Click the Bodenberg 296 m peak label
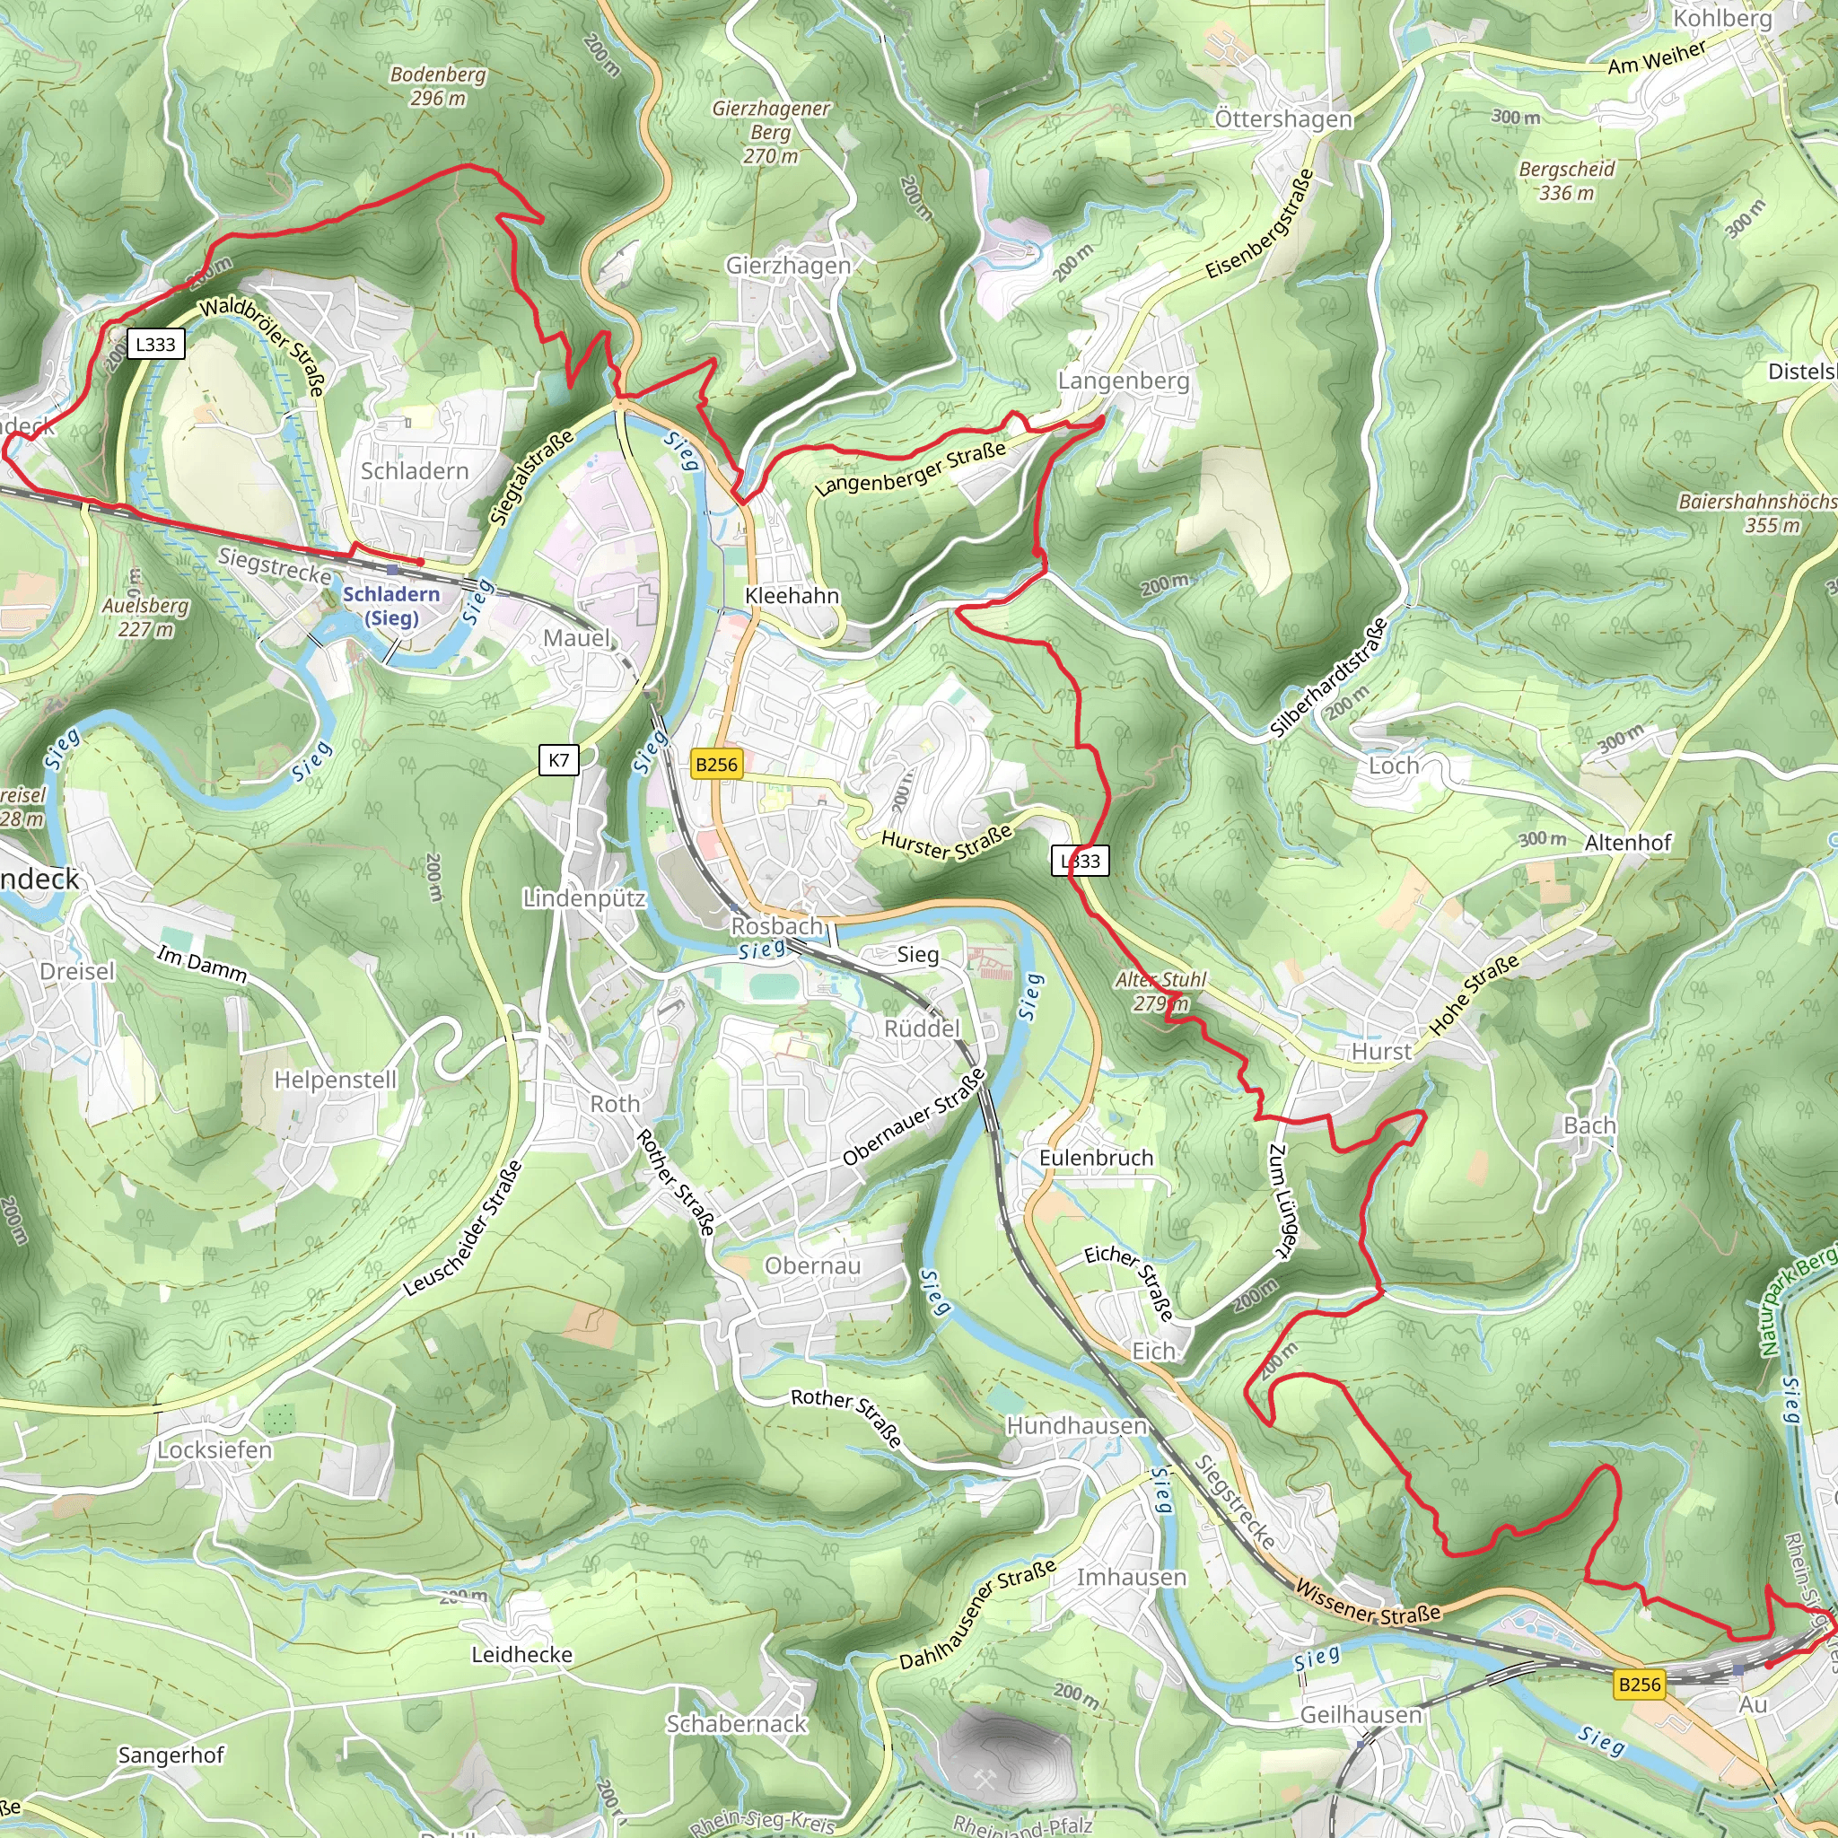(438, 85)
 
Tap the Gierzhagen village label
(788, 266)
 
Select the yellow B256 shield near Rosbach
(715, 764)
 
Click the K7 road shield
(558, 759)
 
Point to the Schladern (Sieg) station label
(391, 605)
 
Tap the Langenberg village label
(1123, 381)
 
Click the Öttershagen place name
(1282, 119)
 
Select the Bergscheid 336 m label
(1566, 180)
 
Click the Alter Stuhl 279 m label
(1160, 991)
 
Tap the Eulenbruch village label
(1095, 1158)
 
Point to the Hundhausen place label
(1076, 1425)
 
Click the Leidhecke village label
(521, 1654)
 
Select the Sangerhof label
(171, 1755)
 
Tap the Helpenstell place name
(335, 1080)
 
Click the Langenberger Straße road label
(909, 468)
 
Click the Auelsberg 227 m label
(145, 617)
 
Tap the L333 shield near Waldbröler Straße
(155, 344)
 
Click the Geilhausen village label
(1361, 1714)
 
